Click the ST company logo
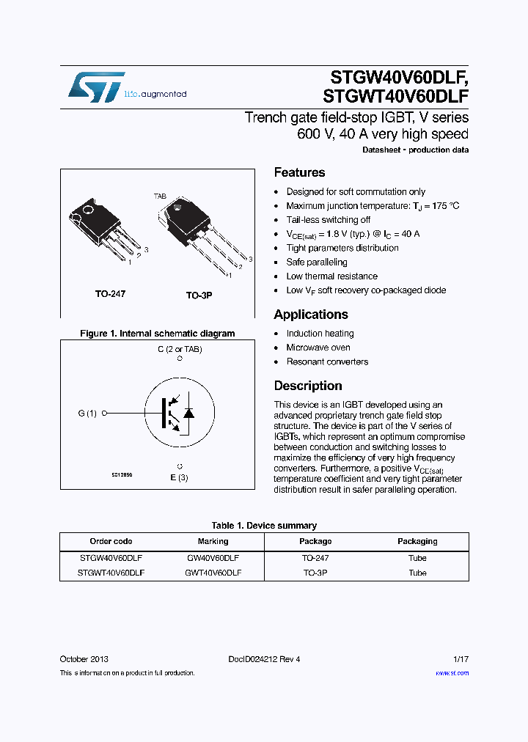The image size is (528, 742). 96,87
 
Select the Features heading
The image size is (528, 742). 299,172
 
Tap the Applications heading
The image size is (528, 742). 311,315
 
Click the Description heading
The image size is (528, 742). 308,386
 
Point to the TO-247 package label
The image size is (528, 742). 110,293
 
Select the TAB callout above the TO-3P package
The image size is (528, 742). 160,196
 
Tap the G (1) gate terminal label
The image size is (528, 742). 87,414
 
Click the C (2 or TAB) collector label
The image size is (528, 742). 180,349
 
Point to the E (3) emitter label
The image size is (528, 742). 180,478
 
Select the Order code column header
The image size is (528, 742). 111,541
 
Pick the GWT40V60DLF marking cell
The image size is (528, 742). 213,573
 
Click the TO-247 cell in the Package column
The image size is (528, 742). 315,557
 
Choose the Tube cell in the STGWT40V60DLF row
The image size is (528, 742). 417,573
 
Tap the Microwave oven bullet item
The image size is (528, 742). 318,348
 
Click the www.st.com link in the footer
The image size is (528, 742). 452,673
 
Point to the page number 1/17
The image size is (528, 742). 460,659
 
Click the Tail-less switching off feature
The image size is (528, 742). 328,220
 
